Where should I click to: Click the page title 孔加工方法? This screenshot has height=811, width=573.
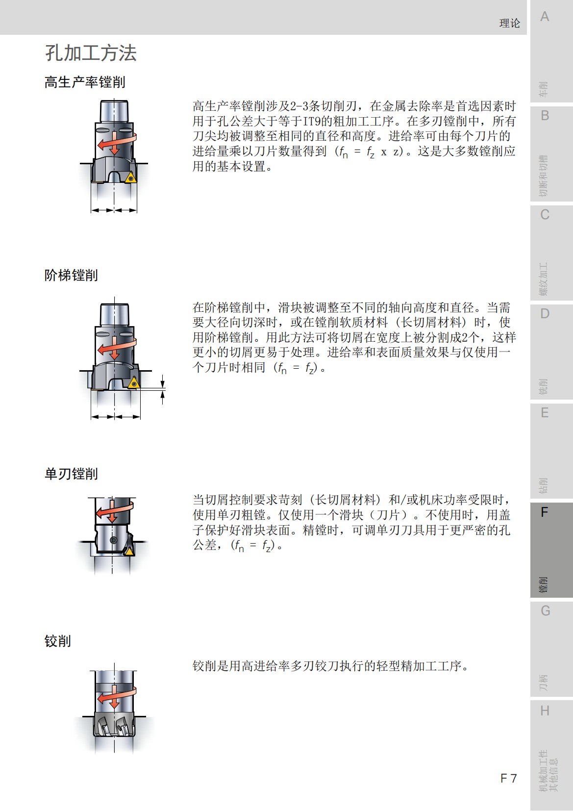(91, 53)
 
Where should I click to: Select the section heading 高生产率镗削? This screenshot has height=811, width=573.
(85, 82)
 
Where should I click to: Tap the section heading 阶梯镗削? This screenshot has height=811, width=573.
(71, 276)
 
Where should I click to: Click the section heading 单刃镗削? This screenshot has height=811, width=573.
(71, 474)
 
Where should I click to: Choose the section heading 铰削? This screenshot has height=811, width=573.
(57, 641)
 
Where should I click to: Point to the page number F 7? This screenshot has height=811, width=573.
(508, 778)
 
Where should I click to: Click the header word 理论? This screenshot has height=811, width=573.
(509, 24)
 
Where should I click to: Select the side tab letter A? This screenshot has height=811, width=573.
(545, 17)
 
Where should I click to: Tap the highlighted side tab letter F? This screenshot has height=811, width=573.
(544, 513)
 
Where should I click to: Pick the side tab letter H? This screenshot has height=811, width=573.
(545, 711)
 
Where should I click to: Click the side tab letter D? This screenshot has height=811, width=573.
(545, 314)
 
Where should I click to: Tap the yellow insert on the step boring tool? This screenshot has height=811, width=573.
(133, 383)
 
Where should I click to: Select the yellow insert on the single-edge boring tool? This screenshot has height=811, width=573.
(128, 552)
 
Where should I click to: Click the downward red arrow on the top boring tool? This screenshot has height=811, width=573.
(114, 145)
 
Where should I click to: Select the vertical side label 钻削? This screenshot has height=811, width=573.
(543, 485)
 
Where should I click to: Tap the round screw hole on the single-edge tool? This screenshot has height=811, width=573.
(114, 540)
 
